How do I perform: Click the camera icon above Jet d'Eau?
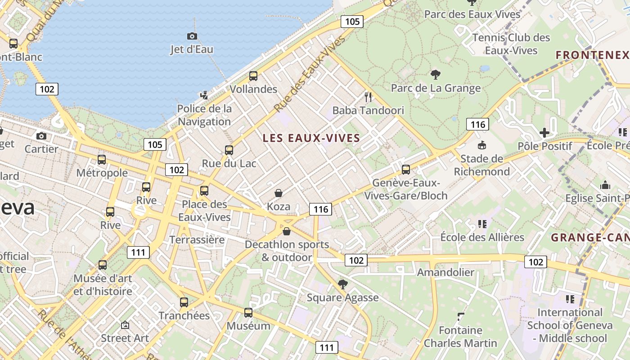pos(192,36)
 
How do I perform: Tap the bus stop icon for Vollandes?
pos(253,76)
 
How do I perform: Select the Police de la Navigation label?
pos(205,115)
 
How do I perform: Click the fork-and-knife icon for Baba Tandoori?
pos(368,97)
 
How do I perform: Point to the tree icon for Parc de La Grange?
pos(435,74)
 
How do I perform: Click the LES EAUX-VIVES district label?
pos(311,138)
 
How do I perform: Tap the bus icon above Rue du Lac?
pos(229,150)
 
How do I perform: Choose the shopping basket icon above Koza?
pos(279,193)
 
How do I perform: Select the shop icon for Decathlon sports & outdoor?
pos(287,231)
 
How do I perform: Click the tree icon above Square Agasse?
pos(342,284)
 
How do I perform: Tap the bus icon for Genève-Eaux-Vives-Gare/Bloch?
pos(406,169)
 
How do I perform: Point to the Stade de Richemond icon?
pos(481,145)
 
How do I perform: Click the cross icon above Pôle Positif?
pos(544,132)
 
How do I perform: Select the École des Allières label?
pos(482,237)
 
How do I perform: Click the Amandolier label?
pos(445,272)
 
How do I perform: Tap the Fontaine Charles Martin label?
pos(461,337)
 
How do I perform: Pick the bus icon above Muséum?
pos(248,312)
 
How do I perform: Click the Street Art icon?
pos(125,324)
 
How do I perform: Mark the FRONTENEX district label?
pos(592,55)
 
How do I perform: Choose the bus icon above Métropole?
pos(102,159)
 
